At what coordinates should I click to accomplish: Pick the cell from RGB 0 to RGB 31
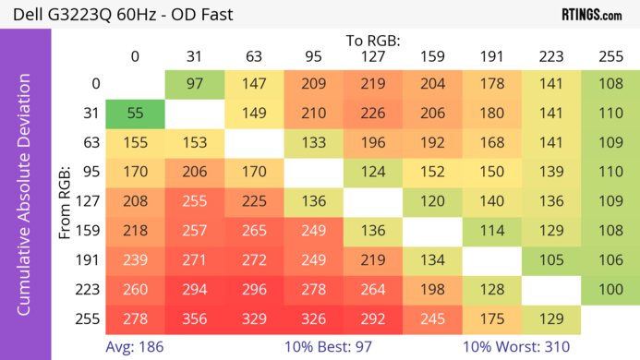click(x=194, y=84)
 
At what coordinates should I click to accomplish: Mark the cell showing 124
click(x=372, y=173)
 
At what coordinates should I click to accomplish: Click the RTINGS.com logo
click(x=591, y=15)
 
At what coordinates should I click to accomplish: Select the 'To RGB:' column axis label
click(x=372, y=41)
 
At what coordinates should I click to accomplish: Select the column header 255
click(x=610, y=56)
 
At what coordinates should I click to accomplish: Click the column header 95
click(x=312, y=56)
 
